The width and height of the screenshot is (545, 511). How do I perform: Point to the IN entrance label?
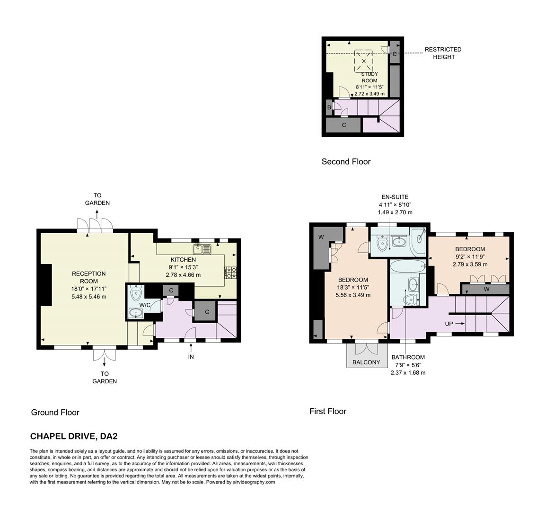pyautogui.click(x=191, y=357)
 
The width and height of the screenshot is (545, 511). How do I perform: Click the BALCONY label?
pyautogui.click(x=366, y=362)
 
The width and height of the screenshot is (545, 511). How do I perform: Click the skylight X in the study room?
pyautogui.click(x=364, y=61)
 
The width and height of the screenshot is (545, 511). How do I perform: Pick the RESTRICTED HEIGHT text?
pyautogui.click(x=443, y=53)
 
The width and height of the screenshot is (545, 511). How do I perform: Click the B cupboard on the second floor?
pyautogui.click(x=329, y=107)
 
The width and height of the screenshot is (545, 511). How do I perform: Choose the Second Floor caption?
pyautogui.click(x=346, y=162)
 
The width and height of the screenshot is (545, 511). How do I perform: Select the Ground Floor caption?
pyautogui.click(x=55, y=412)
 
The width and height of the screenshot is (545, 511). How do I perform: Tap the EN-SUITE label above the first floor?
pyautogui.click(x=395, y=197)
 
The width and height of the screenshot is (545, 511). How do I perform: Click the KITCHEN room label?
pyautogui.click(x=183, y=260)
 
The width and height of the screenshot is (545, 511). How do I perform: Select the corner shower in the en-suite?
pyautogui.click(x=419, y=241)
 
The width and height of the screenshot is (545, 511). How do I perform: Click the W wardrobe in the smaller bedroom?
pyautogui.click(x=486, y=289)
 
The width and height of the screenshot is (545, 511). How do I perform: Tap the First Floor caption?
pyautogui.click(x=328, y=411)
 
